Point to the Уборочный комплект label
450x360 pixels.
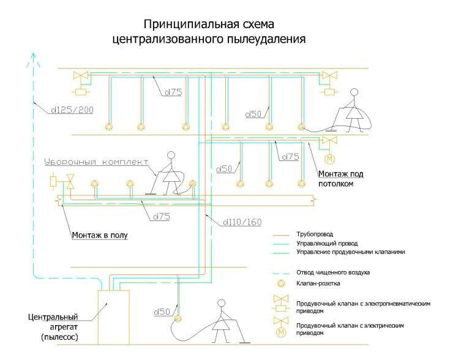pyautogui.click(x=96, y=163)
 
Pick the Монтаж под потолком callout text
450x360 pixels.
pyautogui.click(x=340, y=179)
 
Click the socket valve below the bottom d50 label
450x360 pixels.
pyautogui.click(x=178, y=318)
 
